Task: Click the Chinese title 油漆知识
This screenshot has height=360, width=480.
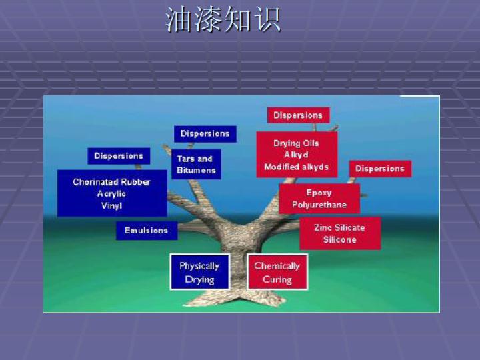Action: pos(223,19)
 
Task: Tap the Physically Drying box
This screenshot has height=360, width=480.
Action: pos(199,272)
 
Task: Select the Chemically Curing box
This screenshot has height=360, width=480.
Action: pos(277,272)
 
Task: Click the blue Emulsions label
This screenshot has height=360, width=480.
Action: pos(147,231)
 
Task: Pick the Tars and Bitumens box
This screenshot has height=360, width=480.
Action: pos(196,165)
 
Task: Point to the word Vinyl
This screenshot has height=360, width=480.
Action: pos(112,205)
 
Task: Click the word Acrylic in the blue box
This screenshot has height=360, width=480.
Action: pos(111,194)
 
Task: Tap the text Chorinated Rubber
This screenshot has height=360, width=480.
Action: pos(112,182)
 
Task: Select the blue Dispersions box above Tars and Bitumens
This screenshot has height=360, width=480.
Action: pos(205,134)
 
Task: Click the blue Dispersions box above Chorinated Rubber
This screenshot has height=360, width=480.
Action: pos(119,156)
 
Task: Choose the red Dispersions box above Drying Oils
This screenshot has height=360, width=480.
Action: pos(298,115)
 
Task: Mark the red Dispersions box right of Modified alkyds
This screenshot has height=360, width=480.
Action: pos(380,169)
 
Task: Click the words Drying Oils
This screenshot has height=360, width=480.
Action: pos(296,143)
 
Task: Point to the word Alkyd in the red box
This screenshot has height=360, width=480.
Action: pos(296,155)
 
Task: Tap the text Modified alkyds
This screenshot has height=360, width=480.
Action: pos(297,167)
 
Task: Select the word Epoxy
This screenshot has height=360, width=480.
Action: pos(319,193)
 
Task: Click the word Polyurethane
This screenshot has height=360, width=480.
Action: pos(319,205)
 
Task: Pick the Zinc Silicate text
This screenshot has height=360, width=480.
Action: pos(339,228)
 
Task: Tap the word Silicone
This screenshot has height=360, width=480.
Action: pos(340,240)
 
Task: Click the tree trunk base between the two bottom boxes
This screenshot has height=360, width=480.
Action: pos(238,275)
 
